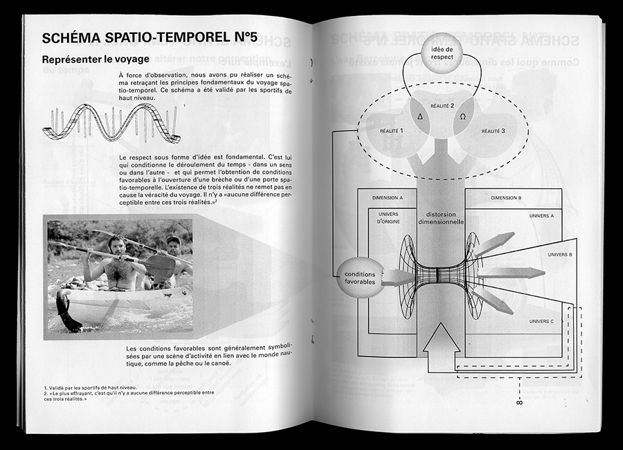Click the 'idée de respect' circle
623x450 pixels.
pos(442,55)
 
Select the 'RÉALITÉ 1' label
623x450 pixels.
pos(392,130)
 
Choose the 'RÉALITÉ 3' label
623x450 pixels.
pos(493,130)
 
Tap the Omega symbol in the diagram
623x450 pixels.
pos(462,116)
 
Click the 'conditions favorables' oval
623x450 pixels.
pos(359,278)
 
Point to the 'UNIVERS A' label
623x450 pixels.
pos(541,216)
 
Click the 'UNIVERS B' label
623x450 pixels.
pos(559,254)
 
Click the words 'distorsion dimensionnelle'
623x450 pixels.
pos(440,218)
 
